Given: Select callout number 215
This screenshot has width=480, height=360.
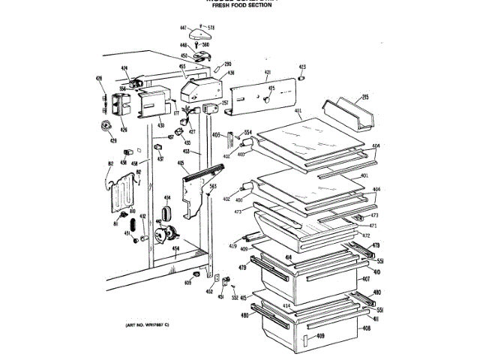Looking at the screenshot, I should (x=366, y=97).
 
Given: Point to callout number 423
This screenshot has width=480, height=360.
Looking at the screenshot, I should (x=302, y=67).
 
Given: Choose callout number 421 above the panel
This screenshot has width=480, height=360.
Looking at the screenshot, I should (x=267, y=73).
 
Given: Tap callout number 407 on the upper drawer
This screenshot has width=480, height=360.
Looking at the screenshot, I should (x=366, y=280).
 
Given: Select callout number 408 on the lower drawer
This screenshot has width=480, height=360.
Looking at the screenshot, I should (x=366, y=328).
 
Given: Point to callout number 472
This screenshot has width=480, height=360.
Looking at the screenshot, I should (x=366, y=235).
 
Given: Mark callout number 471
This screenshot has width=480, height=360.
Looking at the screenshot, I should (x=372, y=226).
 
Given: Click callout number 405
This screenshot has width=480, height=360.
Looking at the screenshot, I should (x=181, y=163).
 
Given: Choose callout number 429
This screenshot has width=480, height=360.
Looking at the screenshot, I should (x=113, y=140).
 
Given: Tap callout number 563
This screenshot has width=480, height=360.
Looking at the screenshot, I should (x=213, y=187).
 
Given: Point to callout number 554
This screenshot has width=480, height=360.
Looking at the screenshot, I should (x=247, y=133).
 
